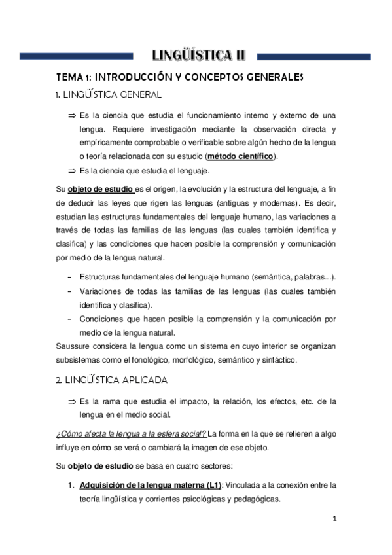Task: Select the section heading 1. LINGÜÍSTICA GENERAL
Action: pos(108,96)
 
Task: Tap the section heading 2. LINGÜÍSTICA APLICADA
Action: pos(112,380)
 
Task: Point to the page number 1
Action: pos(334,520)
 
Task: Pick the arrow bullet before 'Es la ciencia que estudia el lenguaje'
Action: pos(72,171)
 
